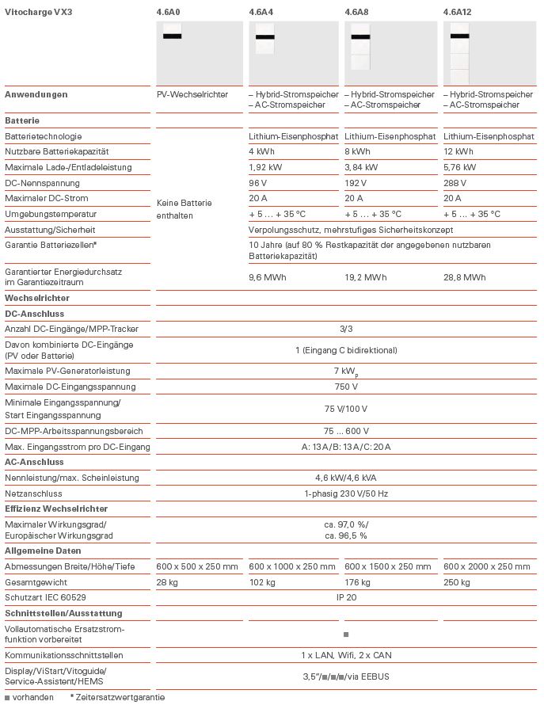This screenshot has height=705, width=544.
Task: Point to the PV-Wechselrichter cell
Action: [192, 94]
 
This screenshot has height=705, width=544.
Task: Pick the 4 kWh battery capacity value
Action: [262, 151]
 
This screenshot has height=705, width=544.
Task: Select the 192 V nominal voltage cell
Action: [356, 183]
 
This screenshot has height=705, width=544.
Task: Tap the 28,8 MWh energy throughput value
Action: [464, 277]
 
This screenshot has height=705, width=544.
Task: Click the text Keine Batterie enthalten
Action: [185, 209]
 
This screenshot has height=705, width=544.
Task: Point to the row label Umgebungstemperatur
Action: [51, 214]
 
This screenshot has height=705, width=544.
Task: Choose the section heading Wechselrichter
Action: [36, 298]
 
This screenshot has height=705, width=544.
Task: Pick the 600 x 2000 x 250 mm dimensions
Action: [486, 566]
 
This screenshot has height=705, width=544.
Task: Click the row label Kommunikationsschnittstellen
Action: [63, 655]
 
